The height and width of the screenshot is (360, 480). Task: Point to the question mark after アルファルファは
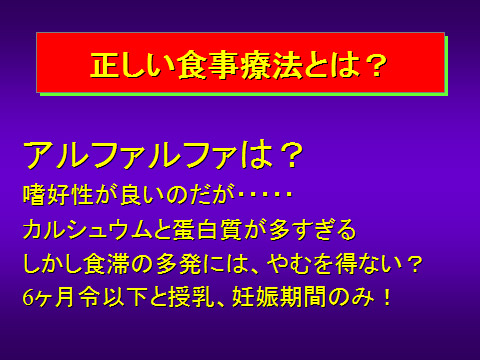point(289,156)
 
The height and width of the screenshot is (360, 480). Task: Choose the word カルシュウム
point(86,231)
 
